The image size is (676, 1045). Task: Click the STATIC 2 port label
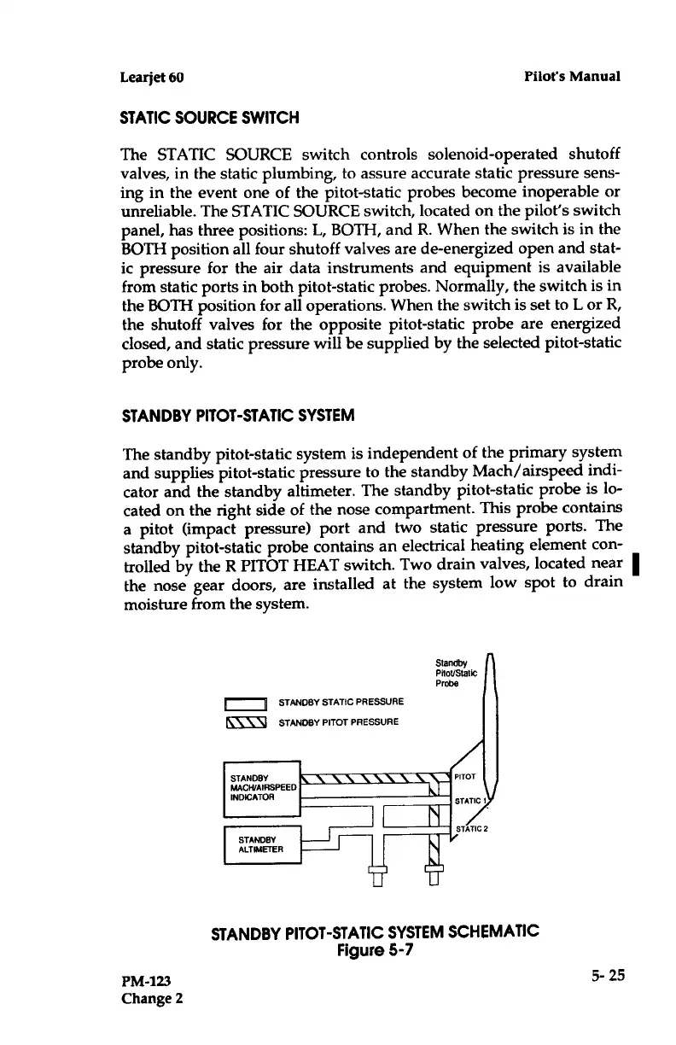pos(475,828)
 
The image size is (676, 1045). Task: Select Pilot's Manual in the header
pos(572,76)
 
